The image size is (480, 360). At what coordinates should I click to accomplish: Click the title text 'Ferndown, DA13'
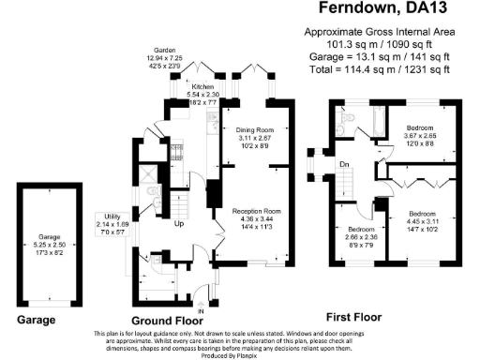(378, 10)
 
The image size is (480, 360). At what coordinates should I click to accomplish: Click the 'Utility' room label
(107, 217)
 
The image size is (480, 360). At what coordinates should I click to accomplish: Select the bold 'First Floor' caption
(353, 316)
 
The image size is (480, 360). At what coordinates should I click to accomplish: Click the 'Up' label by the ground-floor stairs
(179, 224)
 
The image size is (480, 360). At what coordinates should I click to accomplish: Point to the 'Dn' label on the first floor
(344, 165)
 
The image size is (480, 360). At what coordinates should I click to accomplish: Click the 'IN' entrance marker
(201, 310)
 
